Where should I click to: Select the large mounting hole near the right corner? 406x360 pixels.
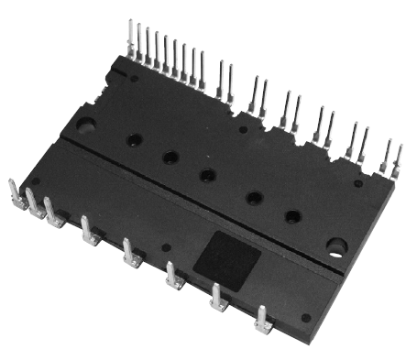pyautogui.click(x=336, y=246)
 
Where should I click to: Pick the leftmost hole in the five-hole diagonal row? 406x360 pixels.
pyautogui.click(x=135, y=140)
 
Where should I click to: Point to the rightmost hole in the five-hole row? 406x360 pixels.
pyautogui.click(x=292, y=216)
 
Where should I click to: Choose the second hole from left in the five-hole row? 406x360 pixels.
pyautogui.click(x=170, y=158)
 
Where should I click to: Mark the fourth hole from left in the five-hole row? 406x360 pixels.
pyautogui.click(x=254, y=197)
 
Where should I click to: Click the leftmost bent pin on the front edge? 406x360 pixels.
pyautogui.click(x=14, y=194)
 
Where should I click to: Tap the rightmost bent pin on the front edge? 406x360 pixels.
pyautogui.click(x=262, y=320)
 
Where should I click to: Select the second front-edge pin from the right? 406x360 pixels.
pyautogui.click(x=218, y=298)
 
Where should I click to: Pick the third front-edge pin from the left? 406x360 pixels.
pyautogui.click(x=51, y=213)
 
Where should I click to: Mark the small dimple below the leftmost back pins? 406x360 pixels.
pyautogui.click(x=135, y=80)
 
